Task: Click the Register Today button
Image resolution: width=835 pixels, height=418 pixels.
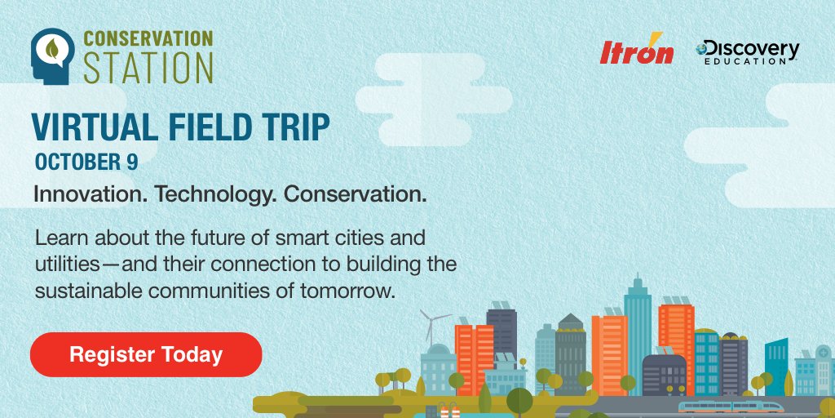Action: tap(146, 354)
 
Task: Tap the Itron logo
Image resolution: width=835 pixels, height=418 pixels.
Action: tap(636, 50)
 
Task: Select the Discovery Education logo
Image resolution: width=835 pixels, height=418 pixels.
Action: tap(747, 52)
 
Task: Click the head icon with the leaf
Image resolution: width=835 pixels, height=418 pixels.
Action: tap(53, 56)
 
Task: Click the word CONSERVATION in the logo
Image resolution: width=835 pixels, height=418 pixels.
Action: tap(148, 38)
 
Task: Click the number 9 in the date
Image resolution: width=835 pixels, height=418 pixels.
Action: tap(132, 162)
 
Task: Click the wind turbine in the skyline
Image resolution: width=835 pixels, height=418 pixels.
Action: tap(432, 327)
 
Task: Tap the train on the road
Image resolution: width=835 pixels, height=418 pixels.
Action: tap(731, 407)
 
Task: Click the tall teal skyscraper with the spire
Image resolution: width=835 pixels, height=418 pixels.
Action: tap(638, 331)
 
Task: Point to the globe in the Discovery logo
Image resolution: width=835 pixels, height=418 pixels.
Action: tap(701, 48)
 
